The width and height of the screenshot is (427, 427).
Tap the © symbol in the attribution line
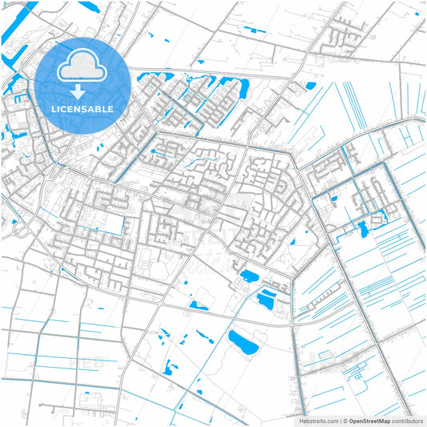(344, 420)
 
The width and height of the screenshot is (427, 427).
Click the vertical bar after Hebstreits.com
(339, 420)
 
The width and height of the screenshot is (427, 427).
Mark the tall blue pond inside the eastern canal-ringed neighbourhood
(364, 230)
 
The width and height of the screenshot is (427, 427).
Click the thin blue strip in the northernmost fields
(258, 30)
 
